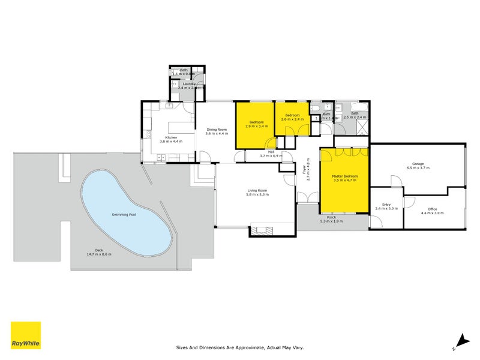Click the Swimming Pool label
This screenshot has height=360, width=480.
point(124,214)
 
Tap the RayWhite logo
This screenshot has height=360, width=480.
point(26,336)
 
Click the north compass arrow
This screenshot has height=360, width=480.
point(460,341)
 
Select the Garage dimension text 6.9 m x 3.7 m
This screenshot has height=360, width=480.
point(418,168)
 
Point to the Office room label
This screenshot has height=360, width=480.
point(433,209)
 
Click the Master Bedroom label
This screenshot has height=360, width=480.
point(345,176)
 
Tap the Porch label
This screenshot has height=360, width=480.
point(331,217)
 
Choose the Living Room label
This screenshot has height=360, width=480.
point(258,191)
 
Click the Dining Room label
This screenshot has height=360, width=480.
point(217,130)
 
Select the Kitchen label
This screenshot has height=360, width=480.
point(171,137)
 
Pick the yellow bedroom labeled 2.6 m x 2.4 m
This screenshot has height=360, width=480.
point(292,117)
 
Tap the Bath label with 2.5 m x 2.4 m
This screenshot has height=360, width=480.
point(354,115)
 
